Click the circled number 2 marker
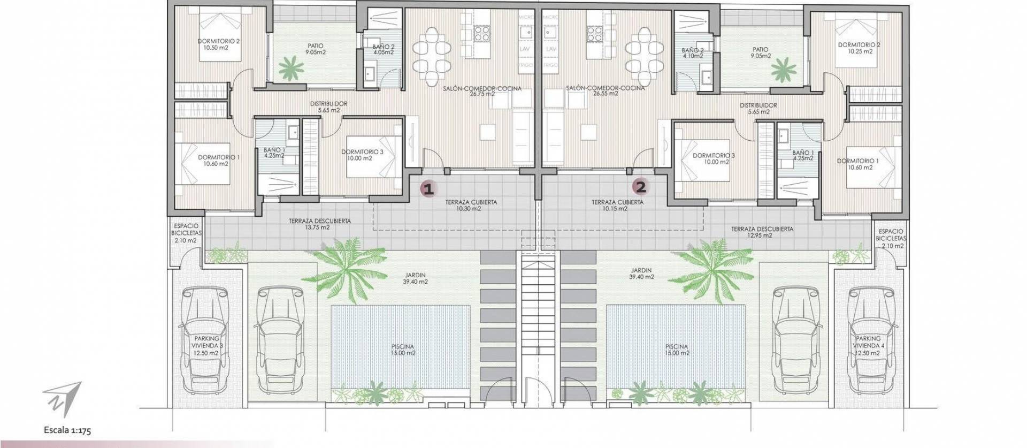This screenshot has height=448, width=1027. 640,187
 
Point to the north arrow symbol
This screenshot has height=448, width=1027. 63,399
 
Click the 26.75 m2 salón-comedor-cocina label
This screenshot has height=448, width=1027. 482,91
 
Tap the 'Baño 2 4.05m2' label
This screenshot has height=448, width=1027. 383,49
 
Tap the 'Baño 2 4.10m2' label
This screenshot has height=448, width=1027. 693,52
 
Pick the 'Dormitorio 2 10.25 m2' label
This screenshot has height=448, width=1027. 859,48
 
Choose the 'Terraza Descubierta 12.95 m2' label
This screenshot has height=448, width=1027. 762,232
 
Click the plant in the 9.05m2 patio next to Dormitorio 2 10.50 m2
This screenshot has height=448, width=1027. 290,68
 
